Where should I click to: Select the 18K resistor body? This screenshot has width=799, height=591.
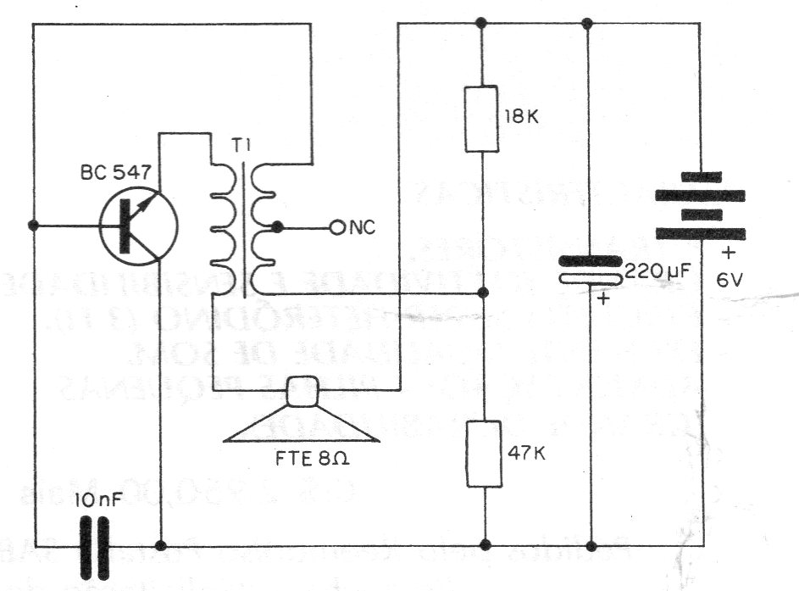click(x=482, y=118)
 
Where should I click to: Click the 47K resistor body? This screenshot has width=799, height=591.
click(x=482, y=453)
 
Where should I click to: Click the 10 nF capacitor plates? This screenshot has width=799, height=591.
click(x=95, y=544)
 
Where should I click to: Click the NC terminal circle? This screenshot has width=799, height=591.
click(x=336, y=227)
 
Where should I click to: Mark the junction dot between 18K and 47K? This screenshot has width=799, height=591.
click(x=482, y=293)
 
